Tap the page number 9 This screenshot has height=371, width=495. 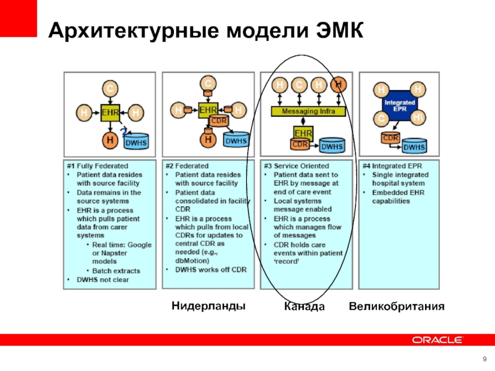point(484,360)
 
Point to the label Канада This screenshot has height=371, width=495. point(304,306)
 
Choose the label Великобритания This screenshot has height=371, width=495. point(397,306)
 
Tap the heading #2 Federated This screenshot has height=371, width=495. point(187,166)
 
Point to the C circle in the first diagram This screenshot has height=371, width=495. point(110,89)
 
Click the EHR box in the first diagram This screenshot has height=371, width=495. point(110,113)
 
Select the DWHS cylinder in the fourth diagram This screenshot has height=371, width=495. point(414,146)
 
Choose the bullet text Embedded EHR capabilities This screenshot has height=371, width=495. point(399,196)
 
